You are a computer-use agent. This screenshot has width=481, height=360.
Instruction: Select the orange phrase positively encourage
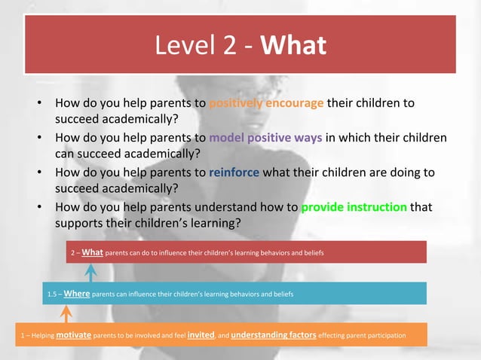[266, 103]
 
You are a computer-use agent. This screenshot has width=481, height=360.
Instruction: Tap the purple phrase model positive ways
[266, 138]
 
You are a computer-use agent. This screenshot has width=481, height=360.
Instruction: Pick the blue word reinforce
[234, 172]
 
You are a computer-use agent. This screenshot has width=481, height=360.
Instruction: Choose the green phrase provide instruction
[354, 206]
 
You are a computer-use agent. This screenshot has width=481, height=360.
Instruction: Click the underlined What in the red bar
[92, 252]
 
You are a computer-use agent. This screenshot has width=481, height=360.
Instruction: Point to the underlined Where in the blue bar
[77, 293]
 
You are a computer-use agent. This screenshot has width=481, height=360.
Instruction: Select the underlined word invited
[201, 334]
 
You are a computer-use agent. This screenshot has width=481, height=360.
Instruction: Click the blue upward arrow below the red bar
[90, 272]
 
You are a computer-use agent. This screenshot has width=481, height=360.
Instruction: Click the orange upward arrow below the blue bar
[66, 313]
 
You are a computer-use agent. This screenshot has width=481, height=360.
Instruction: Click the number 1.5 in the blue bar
[53, 294]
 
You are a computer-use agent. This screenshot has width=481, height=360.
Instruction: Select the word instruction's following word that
[421, 206]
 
